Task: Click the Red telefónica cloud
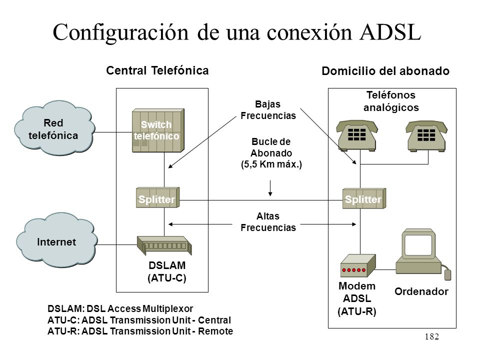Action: click(x=54, y=128)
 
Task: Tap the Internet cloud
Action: click(x=56, y=241)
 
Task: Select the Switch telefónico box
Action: click(x=158, y=130)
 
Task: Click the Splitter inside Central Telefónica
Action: click(x=157, y=197)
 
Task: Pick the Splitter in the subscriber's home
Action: click(x=364, y=198)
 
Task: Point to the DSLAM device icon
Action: click(x=164, y=245)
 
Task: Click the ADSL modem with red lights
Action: click(x=358, y=265)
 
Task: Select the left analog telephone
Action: click(x=357, y=135)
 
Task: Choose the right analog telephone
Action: click(x=426, y=135)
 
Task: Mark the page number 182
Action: click(x=431, y=336)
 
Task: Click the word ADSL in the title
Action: click(x=390, y=32)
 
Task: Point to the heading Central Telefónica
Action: click(x=157, y=70)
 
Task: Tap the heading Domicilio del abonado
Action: click(x=385, y=71)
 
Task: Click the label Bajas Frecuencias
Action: click(x=268, y=110)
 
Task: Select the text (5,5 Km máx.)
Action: click(x=271, y=164)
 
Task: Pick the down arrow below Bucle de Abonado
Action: click(x=270, y=188)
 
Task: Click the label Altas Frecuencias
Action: click(x=268, y=222)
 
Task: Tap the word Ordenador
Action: click(x=421, y=291)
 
